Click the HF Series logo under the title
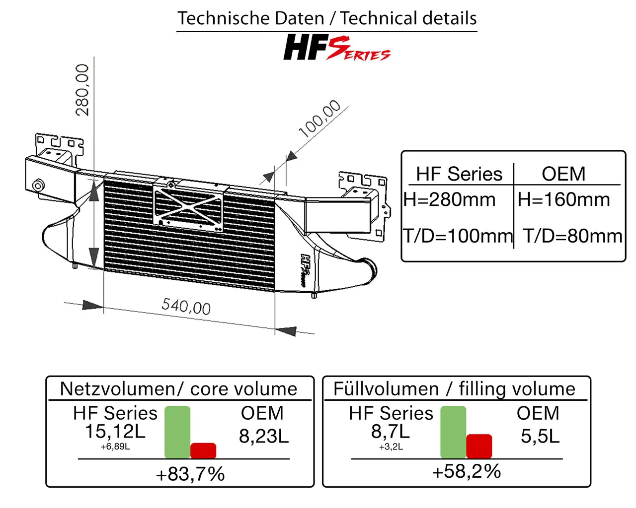[336, 48]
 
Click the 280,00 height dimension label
[82, 90]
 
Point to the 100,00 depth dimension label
[320, 119]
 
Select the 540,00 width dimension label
[186, 306]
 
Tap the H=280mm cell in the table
[450, 199]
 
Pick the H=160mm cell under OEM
[563, 199]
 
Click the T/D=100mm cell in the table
[458, 236]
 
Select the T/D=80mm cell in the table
[572, 236]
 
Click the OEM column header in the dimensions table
[563, 174]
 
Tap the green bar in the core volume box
[177, 432]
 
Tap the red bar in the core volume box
[203, 450]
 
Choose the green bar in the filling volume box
[453, 432]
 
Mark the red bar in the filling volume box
[479, 446]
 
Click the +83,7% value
[190, 474]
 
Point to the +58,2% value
[467, 471]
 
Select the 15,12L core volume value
[115, 432]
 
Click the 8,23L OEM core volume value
[263, 436]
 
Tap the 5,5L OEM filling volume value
[540, 436]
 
